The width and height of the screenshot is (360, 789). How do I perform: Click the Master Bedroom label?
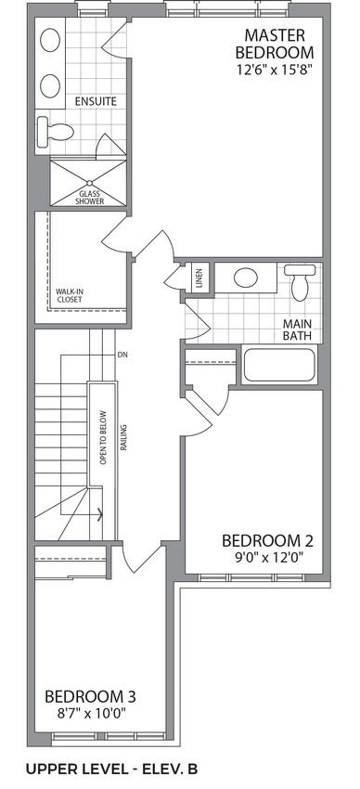coord(275,44)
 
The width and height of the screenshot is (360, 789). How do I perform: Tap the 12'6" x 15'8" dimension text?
coord(272,70)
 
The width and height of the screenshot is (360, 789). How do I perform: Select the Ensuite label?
coord(96,101)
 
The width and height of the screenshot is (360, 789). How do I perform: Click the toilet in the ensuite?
coord(56,132)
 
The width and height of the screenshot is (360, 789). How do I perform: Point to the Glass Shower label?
coord(89,197)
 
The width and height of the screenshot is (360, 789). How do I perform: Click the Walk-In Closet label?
coord(69,295)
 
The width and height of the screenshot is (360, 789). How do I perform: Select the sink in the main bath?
coord(246,278)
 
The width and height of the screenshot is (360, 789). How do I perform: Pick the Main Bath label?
coord(297,330)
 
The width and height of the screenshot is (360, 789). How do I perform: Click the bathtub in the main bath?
coord(279,365)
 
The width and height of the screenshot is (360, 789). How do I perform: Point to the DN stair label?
coord(122,355)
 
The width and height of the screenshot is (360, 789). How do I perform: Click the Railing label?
coord(123,438)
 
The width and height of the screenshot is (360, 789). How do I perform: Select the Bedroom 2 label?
coord(267,541)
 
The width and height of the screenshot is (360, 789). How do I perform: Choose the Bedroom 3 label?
coord(90,697)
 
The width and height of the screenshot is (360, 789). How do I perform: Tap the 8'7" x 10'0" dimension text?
coord(92,714)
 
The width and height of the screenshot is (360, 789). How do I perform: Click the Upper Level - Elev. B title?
coord(111,769)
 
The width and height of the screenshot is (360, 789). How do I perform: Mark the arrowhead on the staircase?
coord(100,514)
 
